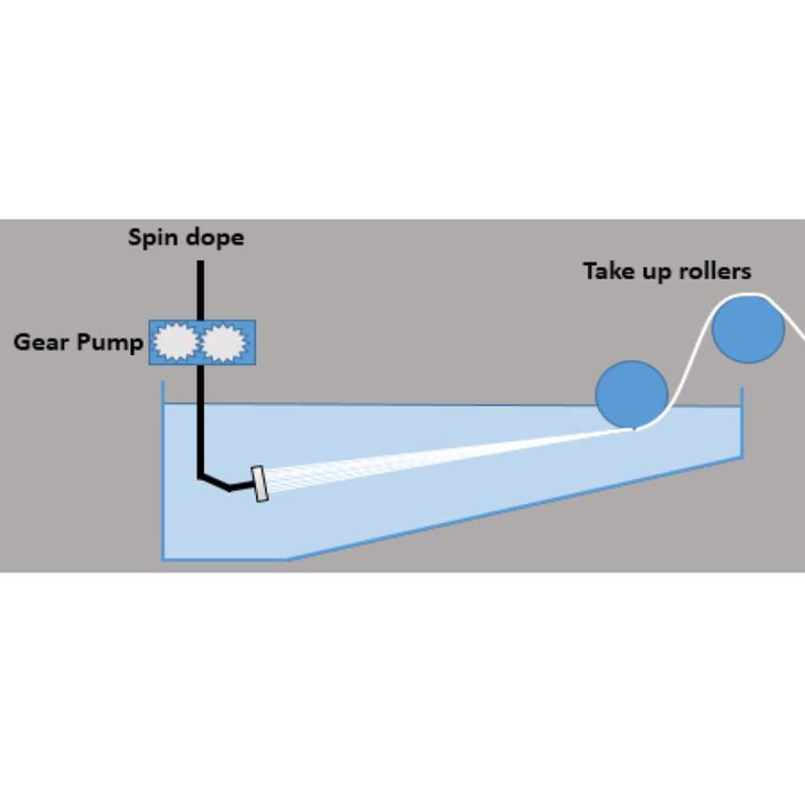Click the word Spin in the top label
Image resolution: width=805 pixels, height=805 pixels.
[x=153, y=237]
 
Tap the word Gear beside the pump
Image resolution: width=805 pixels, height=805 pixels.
[x=42, y=343]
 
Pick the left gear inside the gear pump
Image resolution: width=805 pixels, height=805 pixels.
[x=175, y=342]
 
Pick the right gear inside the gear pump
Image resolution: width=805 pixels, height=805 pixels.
[x=224, y=343]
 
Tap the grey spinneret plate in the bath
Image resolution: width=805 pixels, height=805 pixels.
[x=259, y=484]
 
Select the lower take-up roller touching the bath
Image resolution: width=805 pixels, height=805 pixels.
[x=631, y=395]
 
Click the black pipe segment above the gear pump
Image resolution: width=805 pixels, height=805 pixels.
[x=200, y=289]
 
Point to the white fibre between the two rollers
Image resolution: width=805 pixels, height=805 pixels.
[x=690, y=362]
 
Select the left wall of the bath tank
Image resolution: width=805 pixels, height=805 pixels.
[x=163, y=472]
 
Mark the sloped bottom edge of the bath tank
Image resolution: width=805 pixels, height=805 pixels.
[x=511, y=509]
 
